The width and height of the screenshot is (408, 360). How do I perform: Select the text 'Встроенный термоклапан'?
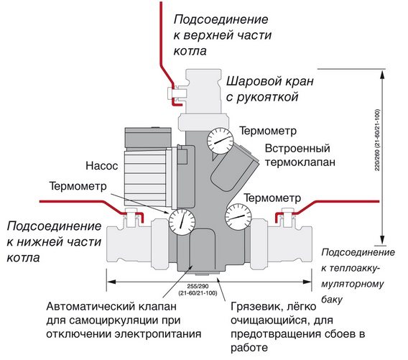click(x=297, y=156)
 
